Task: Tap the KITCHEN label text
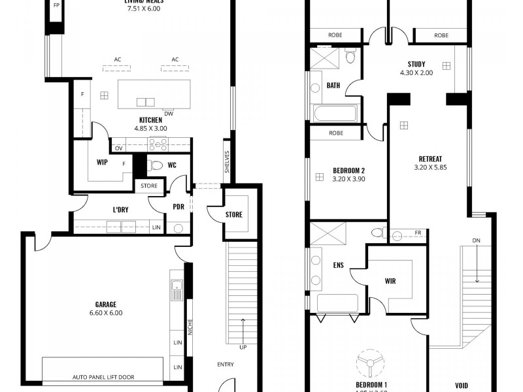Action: coord(150,120)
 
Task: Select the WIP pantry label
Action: coord(102,161)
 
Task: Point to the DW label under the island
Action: coord(169,113)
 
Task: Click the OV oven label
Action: coord(119,148)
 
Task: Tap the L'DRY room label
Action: coord(120,210)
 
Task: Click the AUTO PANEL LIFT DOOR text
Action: coord(103,378)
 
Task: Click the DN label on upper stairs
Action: coord(477,241)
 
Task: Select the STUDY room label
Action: coord(416,64)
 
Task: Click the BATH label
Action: coord(333,86)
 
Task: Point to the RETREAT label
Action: coord(429,159)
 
